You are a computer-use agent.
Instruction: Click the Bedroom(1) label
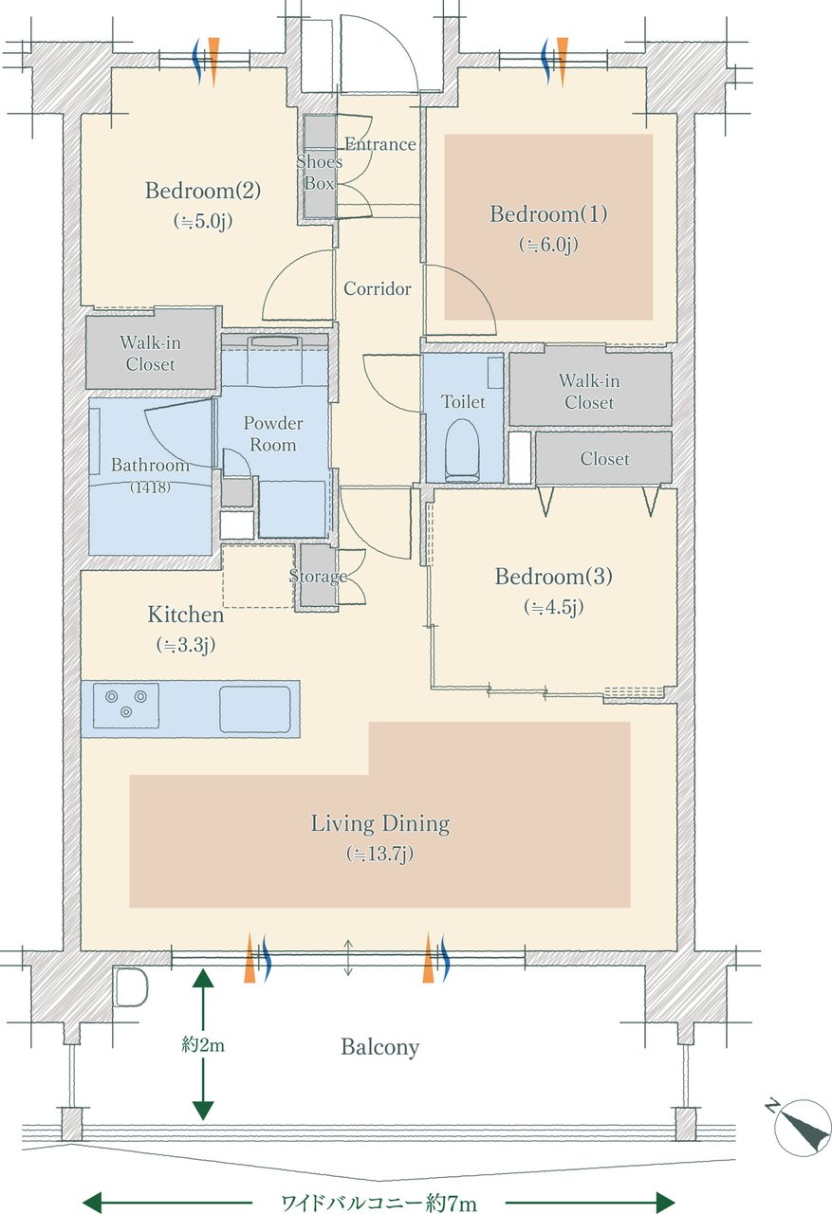click(548, 214)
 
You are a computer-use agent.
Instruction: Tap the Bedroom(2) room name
click(203, 191)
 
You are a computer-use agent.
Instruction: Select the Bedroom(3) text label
click(553, 576)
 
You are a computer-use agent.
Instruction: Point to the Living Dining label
click(380, 824)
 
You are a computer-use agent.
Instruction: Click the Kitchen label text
click(186, 615)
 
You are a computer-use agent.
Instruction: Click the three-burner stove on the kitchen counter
click(126, 706)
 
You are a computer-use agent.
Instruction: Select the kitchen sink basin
click(255, 708)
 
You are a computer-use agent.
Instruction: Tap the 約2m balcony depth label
click(203, 1044)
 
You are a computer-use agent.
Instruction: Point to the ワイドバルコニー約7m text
click(379, 1204)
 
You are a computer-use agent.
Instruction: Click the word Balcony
click(380, 1047)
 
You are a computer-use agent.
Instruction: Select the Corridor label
click(378, 288)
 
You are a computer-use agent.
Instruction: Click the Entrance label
click(380, 144)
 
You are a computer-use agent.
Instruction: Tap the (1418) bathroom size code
click(150, 487)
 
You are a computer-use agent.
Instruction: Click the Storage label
click(318, 576)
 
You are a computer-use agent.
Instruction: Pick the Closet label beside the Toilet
click(605, 459)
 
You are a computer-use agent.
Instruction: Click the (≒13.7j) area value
click(380, 855)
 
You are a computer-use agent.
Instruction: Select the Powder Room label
click(272, 434)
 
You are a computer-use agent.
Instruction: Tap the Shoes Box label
click(319, 173)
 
